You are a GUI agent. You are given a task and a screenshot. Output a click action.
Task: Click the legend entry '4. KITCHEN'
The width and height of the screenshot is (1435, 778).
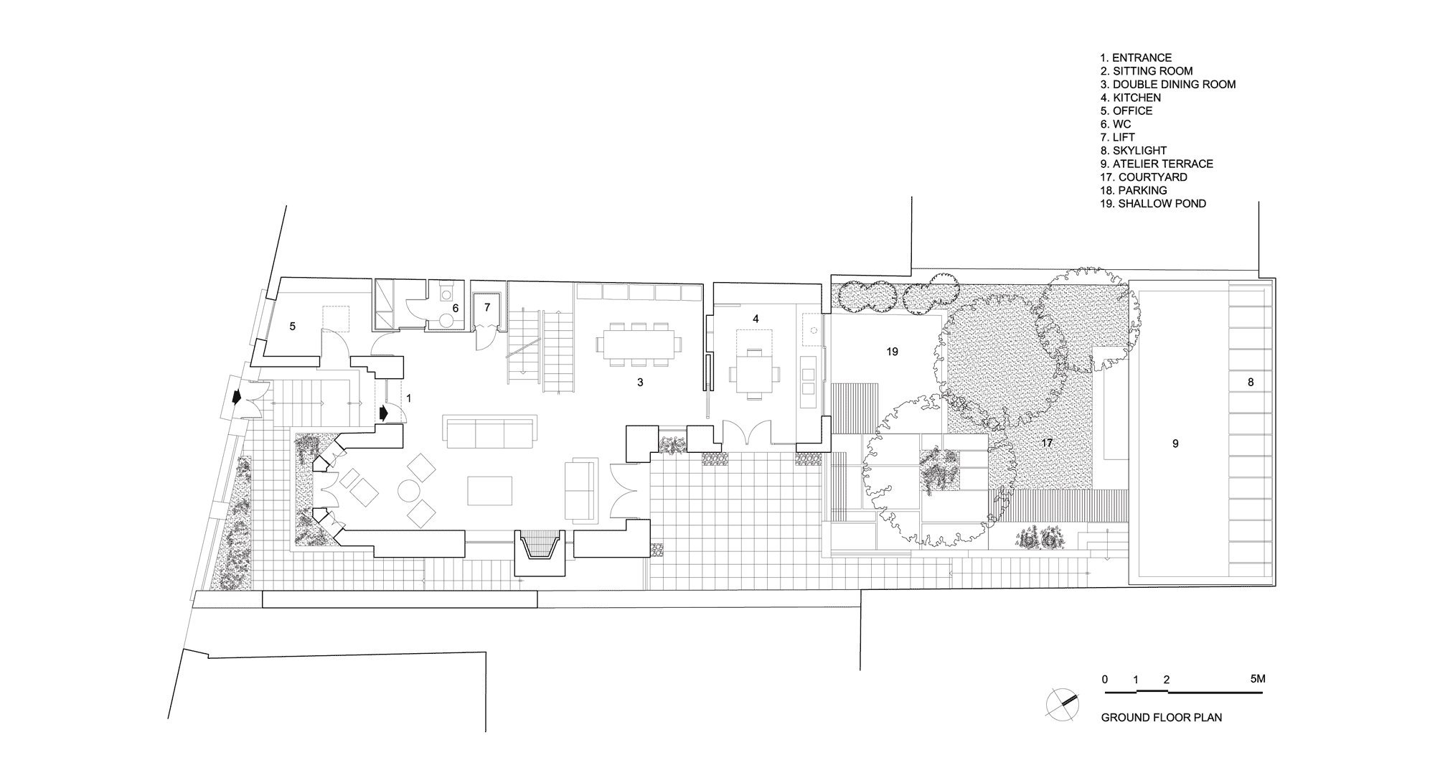tap(1130, 98)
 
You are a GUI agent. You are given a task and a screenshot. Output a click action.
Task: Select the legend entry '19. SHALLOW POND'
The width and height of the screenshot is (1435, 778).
tap(1153, 204)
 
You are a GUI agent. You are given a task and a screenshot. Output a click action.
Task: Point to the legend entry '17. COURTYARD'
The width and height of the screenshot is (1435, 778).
tap(1144, 177)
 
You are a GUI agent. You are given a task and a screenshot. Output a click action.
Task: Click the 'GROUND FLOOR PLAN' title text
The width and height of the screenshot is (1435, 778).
tap(1162, 717)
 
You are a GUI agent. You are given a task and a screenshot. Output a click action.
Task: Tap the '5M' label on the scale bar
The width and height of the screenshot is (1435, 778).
tap(1257, 679)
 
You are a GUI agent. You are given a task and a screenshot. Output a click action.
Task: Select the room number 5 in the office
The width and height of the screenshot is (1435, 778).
tap(292, 327)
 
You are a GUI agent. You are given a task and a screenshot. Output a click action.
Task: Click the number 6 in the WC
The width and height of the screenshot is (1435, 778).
tap(455, 308)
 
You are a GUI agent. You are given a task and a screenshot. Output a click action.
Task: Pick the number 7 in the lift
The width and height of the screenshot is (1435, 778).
tap(487, 307)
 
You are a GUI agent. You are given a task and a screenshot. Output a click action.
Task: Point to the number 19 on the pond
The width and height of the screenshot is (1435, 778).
tap(892, 352)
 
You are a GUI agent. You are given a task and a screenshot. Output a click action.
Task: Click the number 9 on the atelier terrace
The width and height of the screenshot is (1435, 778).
tap(1175, 444)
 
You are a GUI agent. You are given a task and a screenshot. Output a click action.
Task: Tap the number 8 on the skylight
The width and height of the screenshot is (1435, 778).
tap(1251, 383)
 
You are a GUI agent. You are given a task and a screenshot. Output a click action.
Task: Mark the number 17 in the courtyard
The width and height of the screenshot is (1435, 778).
tap(1047, 444)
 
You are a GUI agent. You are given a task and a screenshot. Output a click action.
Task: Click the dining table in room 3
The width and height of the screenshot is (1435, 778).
tap(639, 345)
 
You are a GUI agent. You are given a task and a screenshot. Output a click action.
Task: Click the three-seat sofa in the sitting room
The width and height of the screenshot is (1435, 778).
tap(491, 431)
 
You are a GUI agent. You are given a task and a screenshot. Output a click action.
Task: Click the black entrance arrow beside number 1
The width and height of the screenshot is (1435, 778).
tap(383, 413)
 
